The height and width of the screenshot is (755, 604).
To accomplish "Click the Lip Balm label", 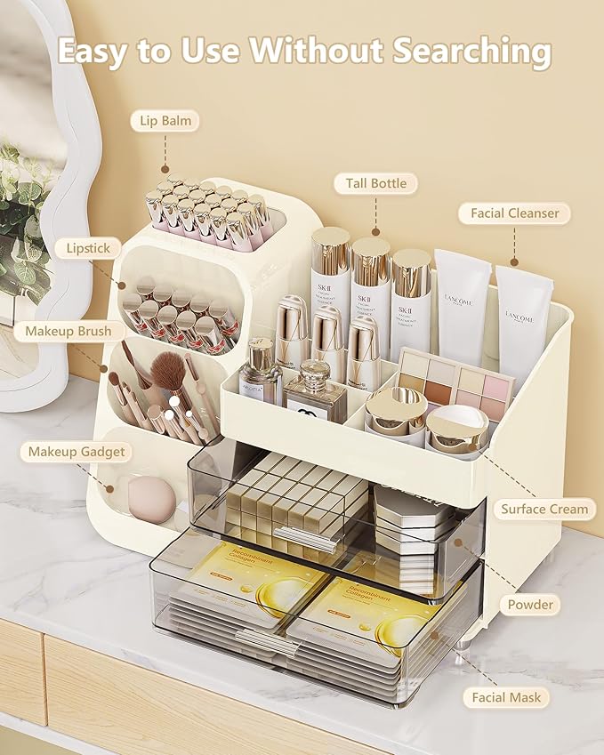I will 165,120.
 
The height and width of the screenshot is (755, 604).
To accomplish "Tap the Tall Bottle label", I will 376,184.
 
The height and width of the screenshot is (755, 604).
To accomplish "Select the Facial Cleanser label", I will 515,213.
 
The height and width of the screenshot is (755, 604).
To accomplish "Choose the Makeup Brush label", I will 68,332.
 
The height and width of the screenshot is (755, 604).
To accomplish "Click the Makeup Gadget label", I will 77,452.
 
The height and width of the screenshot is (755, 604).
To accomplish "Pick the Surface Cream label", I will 544,510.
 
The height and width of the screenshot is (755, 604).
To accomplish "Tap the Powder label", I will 530,605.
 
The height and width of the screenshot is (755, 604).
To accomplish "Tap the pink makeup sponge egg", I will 152,498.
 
